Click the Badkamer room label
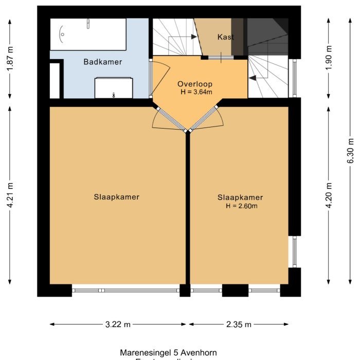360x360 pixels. (x=103, y=62)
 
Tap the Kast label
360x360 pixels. (x=226, y=37)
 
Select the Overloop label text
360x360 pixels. (x=195, y=84)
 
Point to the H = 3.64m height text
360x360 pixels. (x=196, y=92)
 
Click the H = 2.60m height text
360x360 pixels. (x=241, y=206)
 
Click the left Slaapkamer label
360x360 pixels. (x=117, y=197)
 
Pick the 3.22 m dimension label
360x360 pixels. (x=118, y=325)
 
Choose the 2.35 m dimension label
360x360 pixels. (x=239, y=325)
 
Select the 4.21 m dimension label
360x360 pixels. (x=9, y=196)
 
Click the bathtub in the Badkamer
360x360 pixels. (x=87, y=34)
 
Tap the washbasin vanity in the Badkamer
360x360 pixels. (x=114, y=88)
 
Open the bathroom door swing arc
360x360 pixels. (x=160, y=77)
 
